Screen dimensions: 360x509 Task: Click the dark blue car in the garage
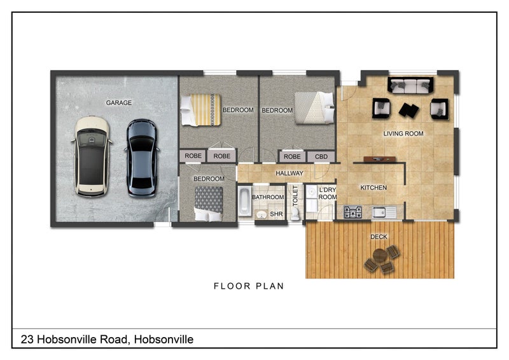pyautogui.click(x=141, y=157)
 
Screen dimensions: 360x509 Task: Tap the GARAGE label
pyautogui.click(x=119, y=102)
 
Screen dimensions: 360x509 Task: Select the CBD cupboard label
pyautogui.click(x=321, y=156)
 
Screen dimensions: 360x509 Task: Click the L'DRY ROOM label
pyautogui.click(x=327, y=193)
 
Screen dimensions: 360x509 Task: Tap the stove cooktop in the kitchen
pyautogui.click(x=352, y=212)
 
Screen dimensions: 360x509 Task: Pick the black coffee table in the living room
pyautogui.click(x=408, y=110)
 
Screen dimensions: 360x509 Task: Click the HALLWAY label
pyautogui.click(x=289, y=173)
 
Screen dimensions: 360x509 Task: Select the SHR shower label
pyautogui.click(x=276, y=214)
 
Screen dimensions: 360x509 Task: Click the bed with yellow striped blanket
pyautogui.click(x=200, y=109)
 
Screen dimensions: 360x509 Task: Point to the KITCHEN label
pyautogui.click(x=373, y=188)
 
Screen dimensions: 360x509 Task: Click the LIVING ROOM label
pyautogui.click(x=403, y=134)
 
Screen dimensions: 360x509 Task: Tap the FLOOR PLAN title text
pyautogui.click(x=248, y=286)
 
